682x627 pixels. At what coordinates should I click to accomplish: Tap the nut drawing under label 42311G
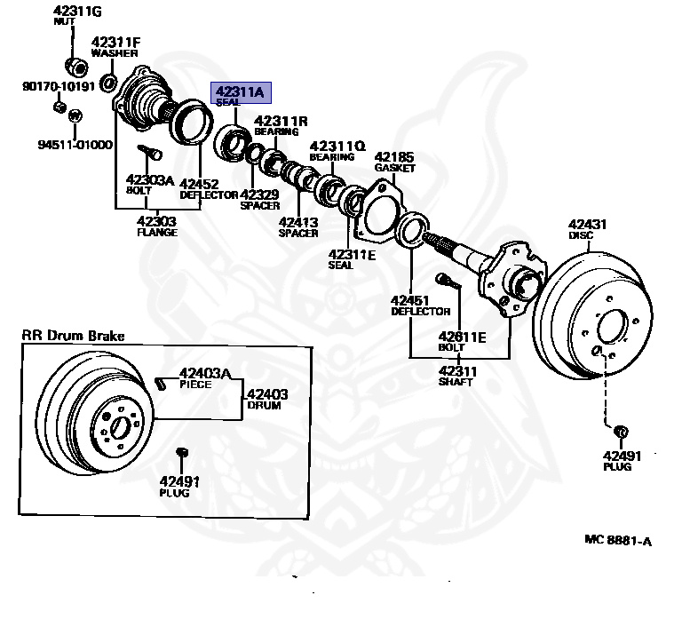click(75, 66)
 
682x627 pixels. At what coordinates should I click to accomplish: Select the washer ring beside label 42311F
click(108, 84)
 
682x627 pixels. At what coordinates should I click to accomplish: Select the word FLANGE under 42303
click(157, 233)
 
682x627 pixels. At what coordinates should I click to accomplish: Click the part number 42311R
click(281, 121)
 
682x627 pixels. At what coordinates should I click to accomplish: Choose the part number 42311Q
click(337, 146)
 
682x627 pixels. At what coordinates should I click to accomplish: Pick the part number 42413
click(297, 222)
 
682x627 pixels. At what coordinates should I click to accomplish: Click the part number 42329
click(260, 194)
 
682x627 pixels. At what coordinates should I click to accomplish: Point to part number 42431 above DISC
click(586, 225)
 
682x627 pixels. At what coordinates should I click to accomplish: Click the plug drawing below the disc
click(621, 432)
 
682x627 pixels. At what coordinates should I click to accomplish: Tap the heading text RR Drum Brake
click(74, 336)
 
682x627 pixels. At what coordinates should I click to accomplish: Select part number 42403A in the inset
click(205, 374)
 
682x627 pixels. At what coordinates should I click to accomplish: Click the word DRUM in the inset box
click(264, 406)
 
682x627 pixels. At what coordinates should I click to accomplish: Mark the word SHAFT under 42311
click(456, 382)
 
